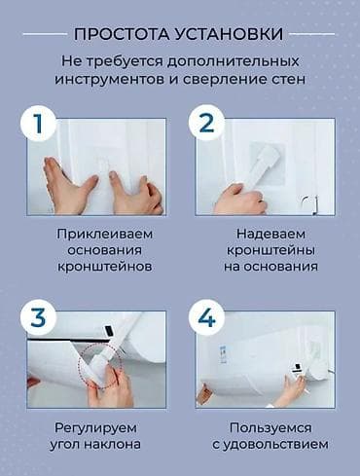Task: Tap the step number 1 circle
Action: tap(38, 124)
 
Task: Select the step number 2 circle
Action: tap(206, 124)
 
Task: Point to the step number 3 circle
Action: tap(38, 317)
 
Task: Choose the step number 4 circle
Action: tap(206, 317)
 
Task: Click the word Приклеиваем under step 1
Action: tap(104, 235)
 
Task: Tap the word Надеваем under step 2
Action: tap(270, 235)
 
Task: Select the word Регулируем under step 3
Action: tap(95, 428)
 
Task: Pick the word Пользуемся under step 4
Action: tap(270, 428)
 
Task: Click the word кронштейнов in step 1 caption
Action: tap(104, 267)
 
